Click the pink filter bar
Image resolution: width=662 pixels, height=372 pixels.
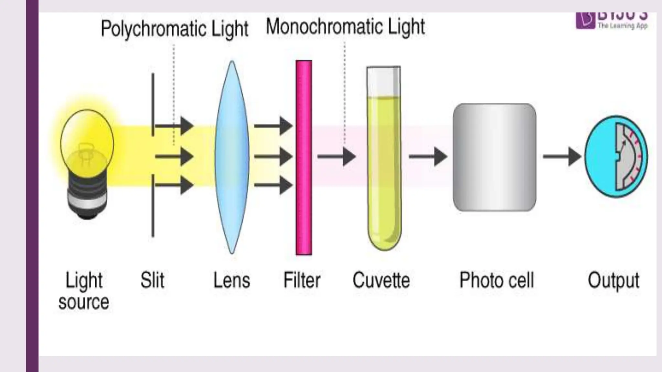[x=304, y=157]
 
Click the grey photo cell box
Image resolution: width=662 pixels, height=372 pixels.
[x=494, y=157]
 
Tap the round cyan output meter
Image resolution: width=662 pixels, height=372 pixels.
[x=616, y=157]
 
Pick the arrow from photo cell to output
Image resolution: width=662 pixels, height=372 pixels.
[x=562, y=157]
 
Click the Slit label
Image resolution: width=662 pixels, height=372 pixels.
[x=152, y=280]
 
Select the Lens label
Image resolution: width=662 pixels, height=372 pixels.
[x=232, y=280]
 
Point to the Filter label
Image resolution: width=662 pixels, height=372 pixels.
[x=302, y=280]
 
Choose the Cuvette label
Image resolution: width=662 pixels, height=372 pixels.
[x=381, y=280]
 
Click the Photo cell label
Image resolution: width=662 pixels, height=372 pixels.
[x=496, y=280]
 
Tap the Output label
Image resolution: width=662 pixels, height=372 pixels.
[x=613, y=281]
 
